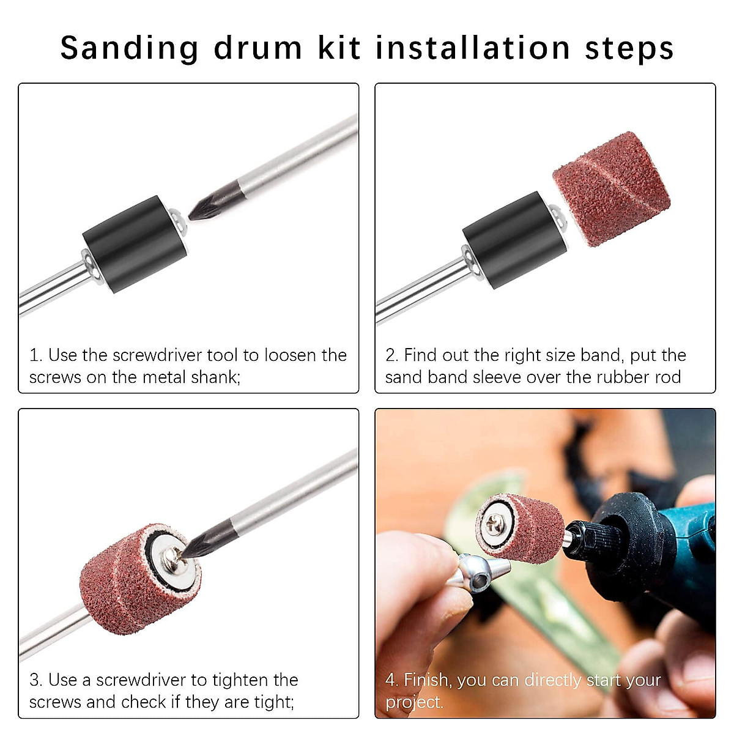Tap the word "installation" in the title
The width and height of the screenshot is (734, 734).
pyautogui.click(x=472, y=48)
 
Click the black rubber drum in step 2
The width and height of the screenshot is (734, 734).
pyautogui.click(x=513, y=242)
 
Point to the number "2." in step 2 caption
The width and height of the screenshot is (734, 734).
pyautogui.click(x=391, y=355)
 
